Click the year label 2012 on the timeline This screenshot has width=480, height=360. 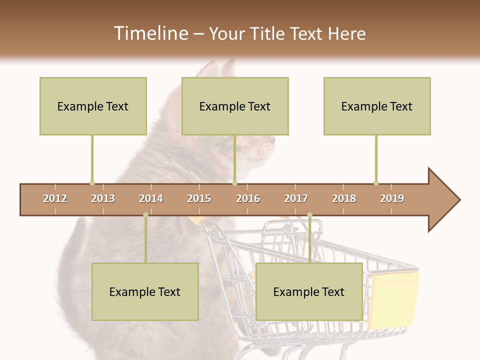(55, 198)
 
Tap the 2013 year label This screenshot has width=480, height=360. (103, 198)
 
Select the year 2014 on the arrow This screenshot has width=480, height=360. (151, 198)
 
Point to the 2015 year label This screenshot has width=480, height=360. (199, 198)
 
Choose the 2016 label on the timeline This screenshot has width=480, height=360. (248, 198)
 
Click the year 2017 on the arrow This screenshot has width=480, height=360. (296, 198)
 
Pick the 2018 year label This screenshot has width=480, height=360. (344, 198)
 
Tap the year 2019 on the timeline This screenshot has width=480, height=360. (392, 198)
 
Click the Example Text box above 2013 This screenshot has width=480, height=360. (93, 106)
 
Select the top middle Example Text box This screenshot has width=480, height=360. (235, 106)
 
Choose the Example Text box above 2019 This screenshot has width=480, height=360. (377, 106)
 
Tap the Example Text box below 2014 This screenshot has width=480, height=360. (145, 291)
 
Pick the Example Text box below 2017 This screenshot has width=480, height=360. (309, 291)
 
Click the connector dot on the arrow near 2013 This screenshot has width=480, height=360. (92, 183)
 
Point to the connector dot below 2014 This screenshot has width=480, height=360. (145, 215)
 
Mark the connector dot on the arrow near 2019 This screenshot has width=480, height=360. (376, 183)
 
